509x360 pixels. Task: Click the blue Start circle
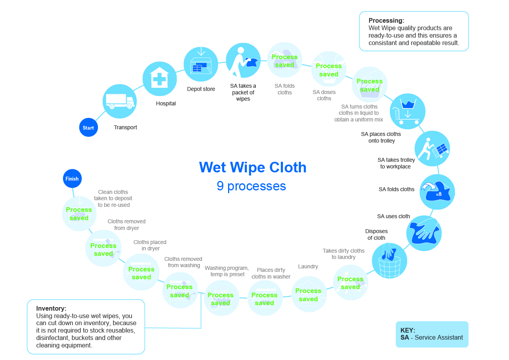click(x=88, y=128)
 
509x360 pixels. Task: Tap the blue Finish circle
click(x=72, y=179)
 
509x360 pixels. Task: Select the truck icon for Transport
click(x=120, y=101)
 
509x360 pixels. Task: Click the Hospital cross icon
click(x=159, y=79)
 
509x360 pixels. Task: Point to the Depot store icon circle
click(x=201, y=64)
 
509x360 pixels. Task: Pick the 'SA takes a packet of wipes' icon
click(x=243, y=60)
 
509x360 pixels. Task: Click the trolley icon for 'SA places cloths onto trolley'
click(x=408, y=111)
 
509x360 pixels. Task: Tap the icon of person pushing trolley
click(x=432, y=148)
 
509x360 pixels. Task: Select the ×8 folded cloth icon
click(x=437, y=192)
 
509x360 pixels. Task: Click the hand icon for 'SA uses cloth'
click(x=424, y=233)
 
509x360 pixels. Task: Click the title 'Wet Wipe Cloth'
click(x=253, y=167)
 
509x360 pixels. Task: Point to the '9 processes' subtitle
click(x=251, y=186)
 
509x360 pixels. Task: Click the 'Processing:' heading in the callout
click(x=386, y=21)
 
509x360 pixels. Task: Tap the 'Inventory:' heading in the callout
click(x=51, y=309)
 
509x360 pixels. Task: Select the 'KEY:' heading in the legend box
click(x=408, y=330)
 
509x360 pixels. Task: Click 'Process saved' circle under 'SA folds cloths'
click(x=284, y=60)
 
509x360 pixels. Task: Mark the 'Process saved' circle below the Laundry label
click(x=308, y=295)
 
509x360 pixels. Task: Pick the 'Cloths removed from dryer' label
click(x=127, y=224)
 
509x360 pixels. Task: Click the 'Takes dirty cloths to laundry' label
click(x=343, y=254)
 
